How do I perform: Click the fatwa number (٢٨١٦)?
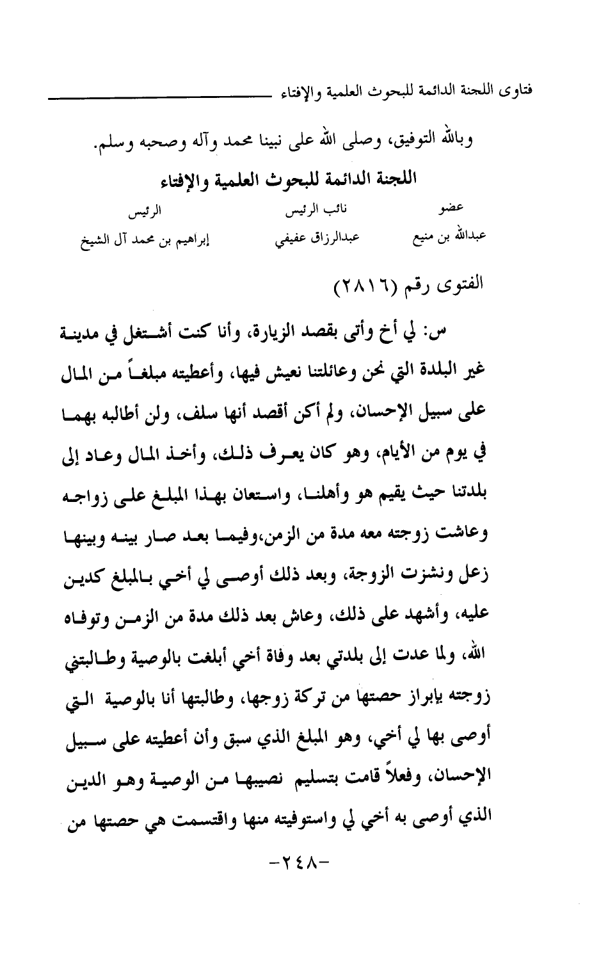pos(365,283)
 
